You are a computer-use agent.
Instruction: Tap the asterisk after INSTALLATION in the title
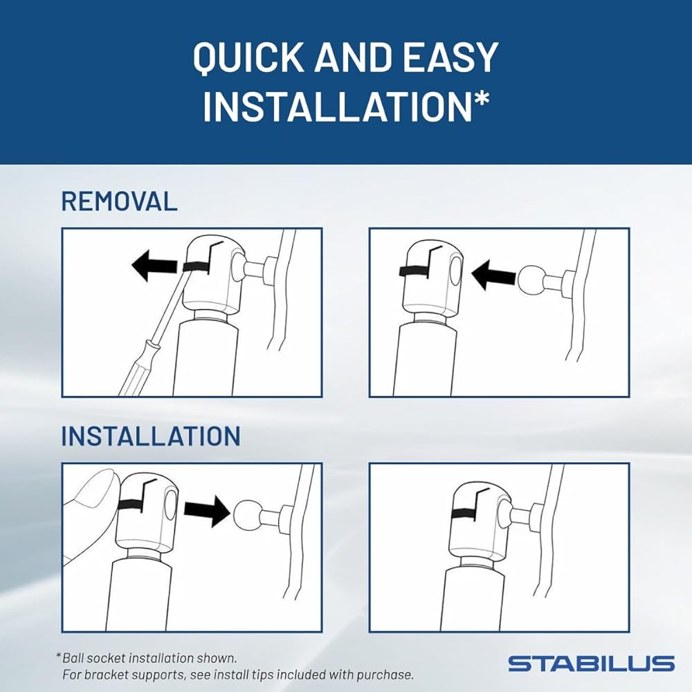point(481,99)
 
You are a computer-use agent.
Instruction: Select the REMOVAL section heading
point(119,201)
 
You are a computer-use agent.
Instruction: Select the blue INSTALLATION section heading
point(150,436)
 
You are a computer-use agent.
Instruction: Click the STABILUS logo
point(592,664)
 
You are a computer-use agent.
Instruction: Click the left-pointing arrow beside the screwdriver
point(154,266)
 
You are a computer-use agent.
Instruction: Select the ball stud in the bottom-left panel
point(246,515)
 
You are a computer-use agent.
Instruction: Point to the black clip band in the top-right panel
point(415,272)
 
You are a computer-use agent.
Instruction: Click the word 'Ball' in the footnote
point(73,658)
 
